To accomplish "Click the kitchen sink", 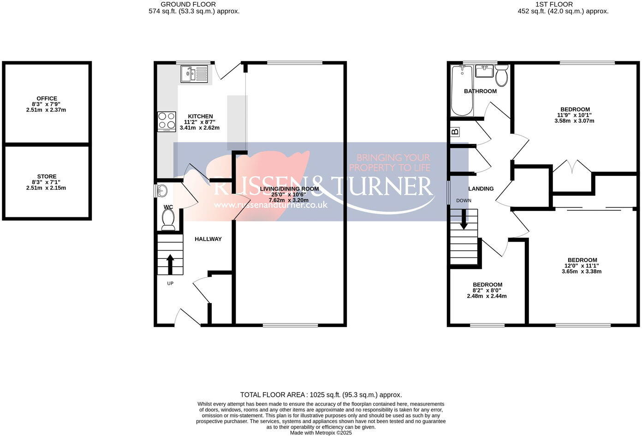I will [x=194, y=73].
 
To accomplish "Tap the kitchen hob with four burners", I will [x=166, y=121].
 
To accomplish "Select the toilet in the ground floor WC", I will [x=168, y=219].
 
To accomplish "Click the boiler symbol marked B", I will [x=455, y=132].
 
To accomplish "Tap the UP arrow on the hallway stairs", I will [x=169, y=264].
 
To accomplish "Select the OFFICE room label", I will [x=47, y=98].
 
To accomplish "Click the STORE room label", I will [x=47, y=176].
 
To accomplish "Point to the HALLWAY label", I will [x=208, y=239].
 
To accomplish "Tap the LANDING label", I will [x=481, y=189].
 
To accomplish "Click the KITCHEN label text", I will [x=200, y=116].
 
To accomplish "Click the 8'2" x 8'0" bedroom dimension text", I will [x=487, y=290].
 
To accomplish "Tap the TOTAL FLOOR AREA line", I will [x=321, y=395].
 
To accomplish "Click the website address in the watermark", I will [x=271, y=204].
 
